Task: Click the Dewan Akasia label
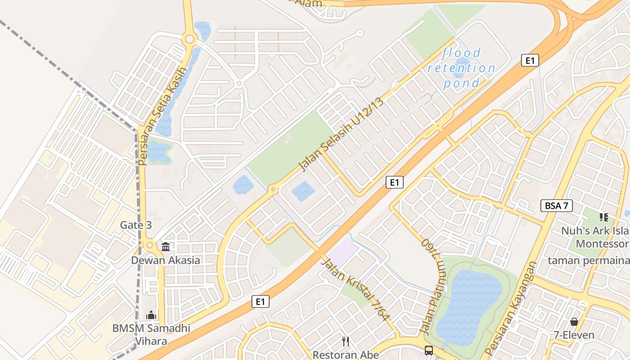pos(166,260)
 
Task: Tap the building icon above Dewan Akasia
pos(166,247)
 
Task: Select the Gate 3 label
pos(136,225)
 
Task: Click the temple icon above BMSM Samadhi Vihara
pos(151,315)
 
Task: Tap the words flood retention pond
pos(461,68)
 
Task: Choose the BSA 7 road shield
pos(557,206)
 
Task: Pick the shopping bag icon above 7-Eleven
pos(574,322)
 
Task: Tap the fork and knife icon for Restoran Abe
pos(346,342)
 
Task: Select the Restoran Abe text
pos(346,355)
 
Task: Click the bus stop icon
pos(429,350)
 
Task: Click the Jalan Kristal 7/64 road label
pos(355,289)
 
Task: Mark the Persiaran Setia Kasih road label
pos(162,116)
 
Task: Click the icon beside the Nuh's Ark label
pos(604,218)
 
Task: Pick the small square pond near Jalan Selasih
pos(303,191)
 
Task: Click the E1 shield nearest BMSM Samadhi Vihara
pos(261,301)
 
